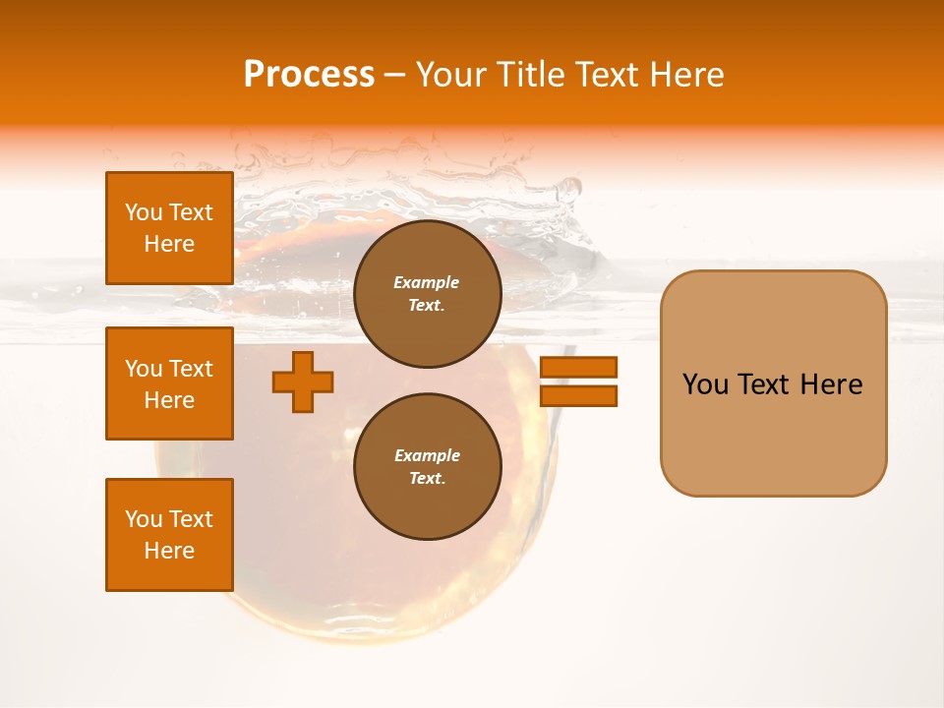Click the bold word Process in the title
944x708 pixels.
(309, 75)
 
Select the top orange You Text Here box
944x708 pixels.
(169, 228)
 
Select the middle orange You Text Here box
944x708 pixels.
(169, 383)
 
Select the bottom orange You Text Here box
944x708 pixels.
(169, 535)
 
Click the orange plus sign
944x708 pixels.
(303, 382)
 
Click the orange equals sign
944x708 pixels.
(578, 382)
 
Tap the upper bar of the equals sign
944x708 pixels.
(578, 367)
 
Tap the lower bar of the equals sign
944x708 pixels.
(578, 396)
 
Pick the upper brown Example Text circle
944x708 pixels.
(427, 294)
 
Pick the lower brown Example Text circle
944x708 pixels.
(427, 467)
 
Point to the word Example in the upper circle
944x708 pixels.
(427, 282)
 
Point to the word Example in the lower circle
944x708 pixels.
(427, 455)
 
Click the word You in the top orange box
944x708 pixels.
(143, 212)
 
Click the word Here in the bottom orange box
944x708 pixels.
(169, 551)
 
